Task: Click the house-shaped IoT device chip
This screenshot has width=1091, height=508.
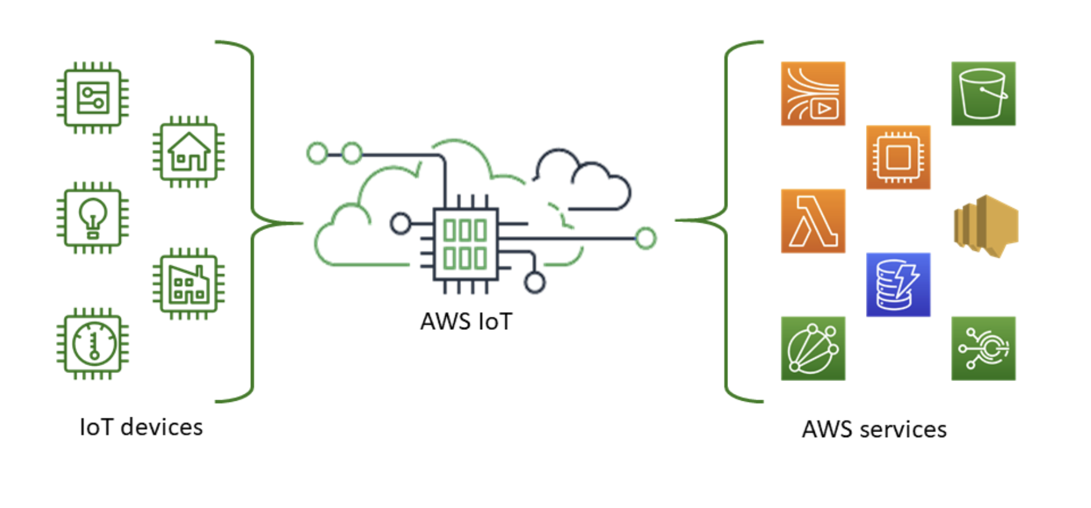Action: point(189,152)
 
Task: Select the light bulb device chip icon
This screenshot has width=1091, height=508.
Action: point(93,218)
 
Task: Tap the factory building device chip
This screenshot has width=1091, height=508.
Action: point(189,284)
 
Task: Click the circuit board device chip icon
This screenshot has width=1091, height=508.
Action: point(93,97)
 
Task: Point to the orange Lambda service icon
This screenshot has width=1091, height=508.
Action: point(813,221)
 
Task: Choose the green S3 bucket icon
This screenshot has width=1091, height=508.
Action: point(983,94)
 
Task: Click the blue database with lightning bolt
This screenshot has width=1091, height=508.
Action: point(898,285)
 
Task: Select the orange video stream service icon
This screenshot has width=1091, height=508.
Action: point(813,94)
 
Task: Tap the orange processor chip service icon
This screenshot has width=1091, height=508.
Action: point(898,157)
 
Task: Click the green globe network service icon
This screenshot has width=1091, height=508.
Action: point(813,348)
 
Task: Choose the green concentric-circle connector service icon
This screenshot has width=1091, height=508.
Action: point(983,348)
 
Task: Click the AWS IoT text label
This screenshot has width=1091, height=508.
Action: point(466,321)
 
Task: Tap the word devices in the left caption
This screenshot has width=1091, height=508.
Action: point(161,427)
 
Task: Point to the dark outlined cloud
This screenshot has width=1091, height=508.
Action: point(582,182)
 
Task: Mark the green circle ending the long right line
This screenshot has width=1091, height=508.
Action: point(645,238)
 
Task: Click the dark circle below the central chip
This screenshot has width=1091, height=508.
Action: point(534,283)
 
